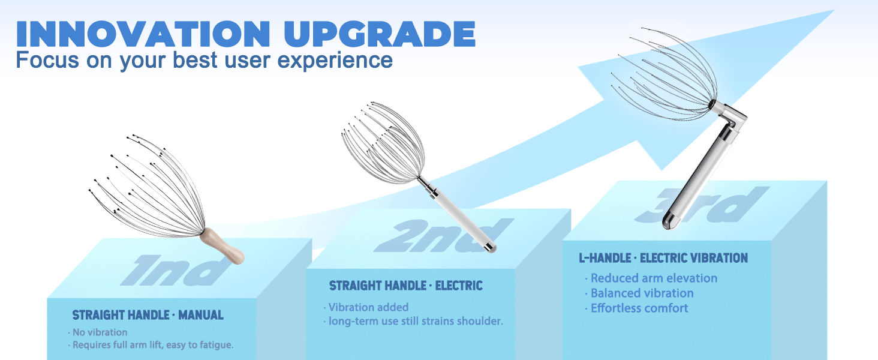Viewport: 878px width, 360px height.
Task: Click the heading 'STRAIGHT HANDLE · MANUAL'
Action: pos(148,315)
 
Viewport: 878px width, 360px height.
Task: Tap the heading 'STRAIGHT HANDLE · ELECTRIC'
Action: pos(405,286)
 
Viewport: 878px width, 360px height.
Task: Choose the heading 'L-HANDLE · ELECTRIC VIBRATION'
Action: pos(663,259)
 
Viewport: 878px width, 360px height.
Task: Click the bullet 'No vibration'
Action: pos(100,332)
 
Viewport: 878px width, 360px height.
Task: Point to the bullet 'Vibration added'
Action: pos(368,307)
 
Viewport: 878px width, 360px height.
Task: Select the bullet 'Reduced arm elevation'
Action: pos(654,278)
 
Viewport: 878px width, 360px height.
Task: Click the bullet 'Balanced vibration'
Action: pos(642,293)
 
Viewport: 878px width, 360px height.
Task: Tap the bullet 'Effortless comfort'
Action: pos(639,308)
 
